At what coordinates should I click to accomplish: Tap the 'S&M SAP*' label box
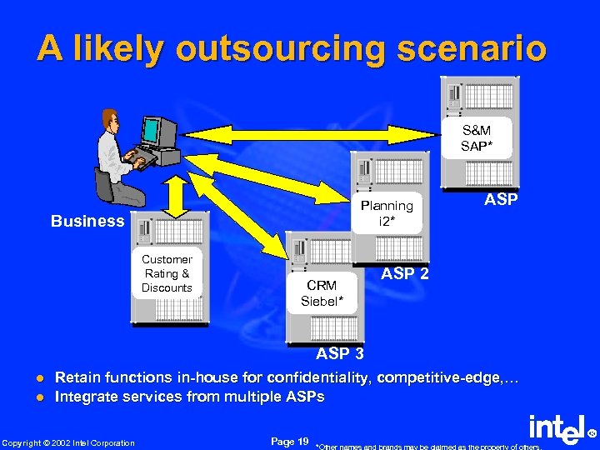tap(476, 138)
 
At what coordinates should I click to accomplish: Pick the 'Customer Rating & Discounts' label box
tap(167, 273)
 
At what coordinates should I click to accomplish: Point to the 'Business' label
tap(87, 221)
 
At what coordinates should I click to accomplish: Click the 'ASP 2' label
tap(405, 273)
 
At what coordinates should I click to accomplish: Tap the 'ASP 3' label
tap(339, 354)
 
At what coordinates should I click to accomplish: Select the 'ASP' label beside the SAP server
tap(501, 200)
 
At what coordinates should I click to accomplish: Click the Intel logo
tap(557, 431)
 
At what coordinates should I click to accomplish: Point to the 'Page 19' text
tap(290, 441)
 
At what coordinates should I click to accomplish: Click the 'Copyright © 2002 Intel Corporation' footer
tap(68, 442)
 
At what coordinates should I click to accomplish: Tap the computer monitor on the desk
tap(157, 131)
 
